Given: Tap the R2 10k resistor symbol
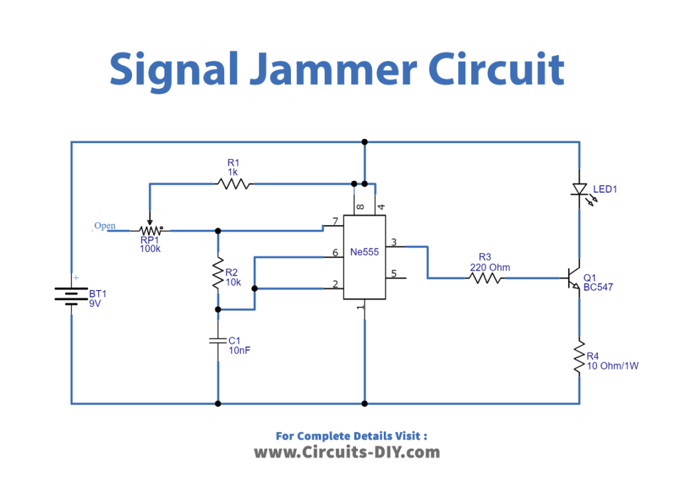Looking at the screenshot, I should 217,274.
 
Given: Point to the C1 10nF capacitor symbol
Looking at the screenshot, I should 217,341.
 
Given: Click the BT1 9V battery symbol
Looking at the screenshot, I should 71,293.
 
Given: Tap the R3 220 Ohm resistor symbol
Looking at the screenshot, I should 485,278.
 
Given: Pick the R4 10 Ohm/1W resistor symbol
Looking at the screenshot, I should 579,358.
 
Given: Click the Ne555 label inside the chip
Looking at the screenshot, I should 365,252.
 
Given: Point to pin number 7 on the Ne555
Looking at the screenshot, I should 335,222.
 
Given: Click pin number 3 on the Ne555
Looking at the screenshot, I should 394,242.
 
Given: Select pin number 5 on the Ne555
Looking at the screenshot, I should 394,274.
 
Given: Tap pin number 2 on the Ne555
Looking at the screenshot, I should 335,284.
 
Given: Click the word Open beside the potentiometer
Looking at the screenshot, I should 105,226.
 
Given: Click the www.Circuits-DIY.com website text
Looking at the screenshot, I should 347,452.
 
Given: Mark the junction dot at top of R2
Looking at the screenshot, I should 217,231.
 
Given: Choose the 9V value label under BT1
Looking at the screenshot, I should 95,303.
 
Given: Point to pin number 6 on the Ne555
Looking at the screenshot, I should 335,253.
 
